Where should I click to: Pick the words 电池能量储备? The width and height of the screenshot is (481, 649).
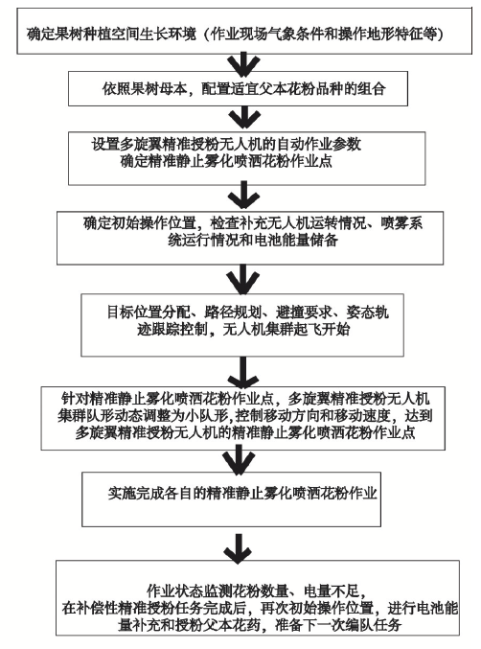[x=295, y=240]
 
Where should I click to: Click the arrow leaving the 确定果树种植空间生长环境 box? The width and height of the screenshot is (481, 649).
[x=244, y=63]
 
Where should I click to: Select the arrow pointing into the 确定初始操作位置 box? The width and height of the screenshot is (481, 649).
[x=244, y=197]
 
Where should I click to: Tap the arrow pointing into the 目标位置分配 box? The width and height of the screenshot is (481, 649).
[x=243, y=279]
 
